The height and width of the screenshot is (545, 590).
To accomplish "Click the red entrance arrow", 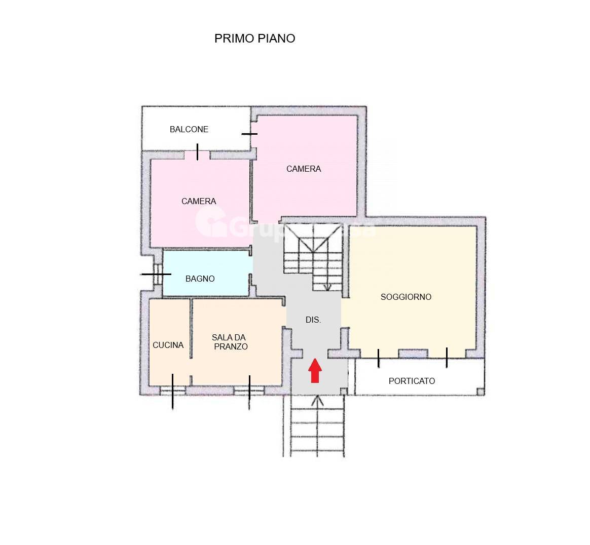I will coord(315,370).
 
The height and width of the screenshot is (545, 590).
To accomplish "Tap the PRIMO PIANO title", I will coord(254,38).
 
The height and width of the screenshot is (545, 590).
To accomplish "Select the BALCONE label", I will coord(189,129).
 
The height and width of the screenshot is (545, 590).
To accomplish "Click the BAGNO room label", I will coord(200,279).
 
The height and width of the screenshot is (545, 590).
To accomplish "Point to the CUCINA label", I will coord(168,345).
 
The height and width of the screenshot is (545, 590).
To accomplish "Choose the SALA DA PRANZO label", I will coord(230,342).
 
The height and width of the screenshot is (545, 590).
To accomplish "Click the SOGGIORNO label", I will coord(405,297).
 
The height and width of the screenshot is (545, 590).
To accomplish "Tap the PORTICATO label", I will coord(412,381).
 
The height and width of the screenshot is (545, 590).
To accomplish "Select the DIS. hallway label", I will coord(313,320).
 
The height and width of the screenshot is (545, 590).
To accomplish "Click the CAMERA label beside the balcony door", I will coord(199,201).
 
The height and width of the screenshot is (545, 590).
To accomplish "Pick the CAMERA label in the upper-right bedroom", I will coord(303,169).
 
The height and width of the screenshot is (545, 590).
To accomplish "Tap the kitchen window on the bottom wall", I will coord(172,390).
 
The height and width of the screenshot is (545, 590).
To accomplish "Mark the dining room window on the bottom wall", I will coord(249,390).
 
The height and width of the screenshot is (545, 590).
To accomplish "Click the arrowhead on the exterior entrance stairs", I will coord(317,401).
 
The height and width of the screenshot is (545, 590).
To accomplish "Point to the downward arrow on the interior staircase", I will coord(327,287).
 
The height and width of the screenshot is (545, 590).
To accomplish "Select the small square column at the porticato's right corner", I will coord(480,391).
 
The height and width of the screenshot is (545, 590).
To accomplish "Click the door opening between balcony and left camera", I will coord(197,154).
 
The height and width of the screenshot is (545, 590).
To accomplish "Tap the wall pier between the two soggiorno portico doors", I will coord(413,354).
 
